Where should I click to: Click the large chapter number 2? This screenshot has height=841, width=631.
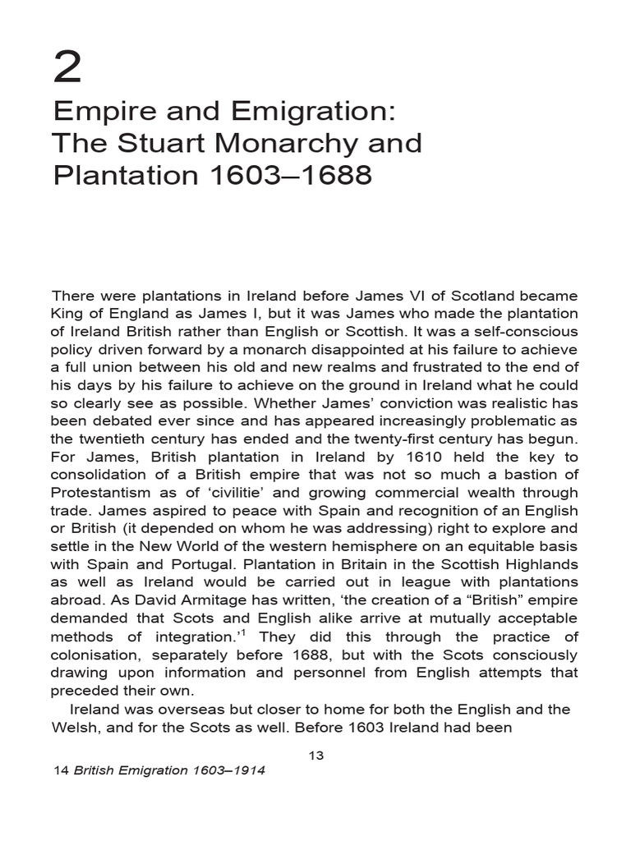pos(68,67)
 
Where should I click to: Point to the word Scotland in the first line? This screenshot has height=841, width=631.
pos(466,295)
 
